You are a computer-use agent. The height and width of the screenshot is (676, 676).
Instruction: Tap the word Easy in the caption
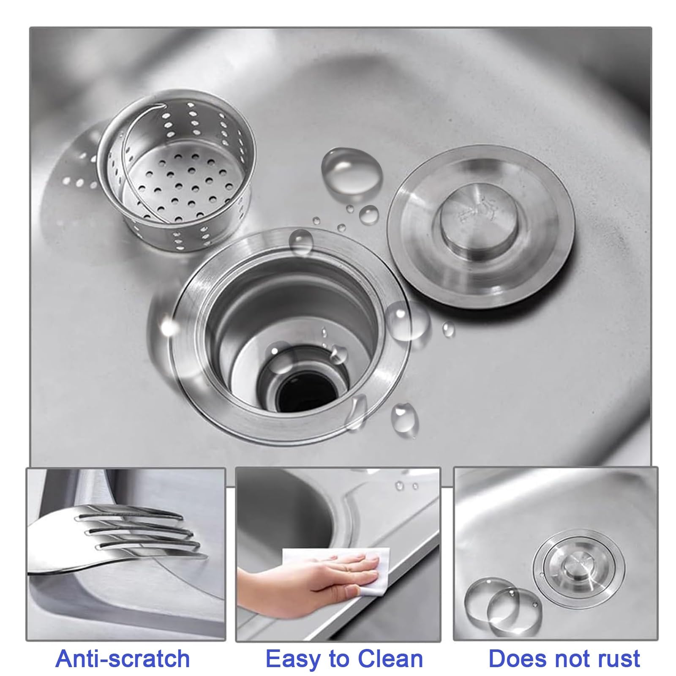tap(295, 659)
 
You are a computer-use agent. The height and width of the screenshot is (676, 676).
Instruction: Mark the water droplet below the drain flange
tap(405, 416)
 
